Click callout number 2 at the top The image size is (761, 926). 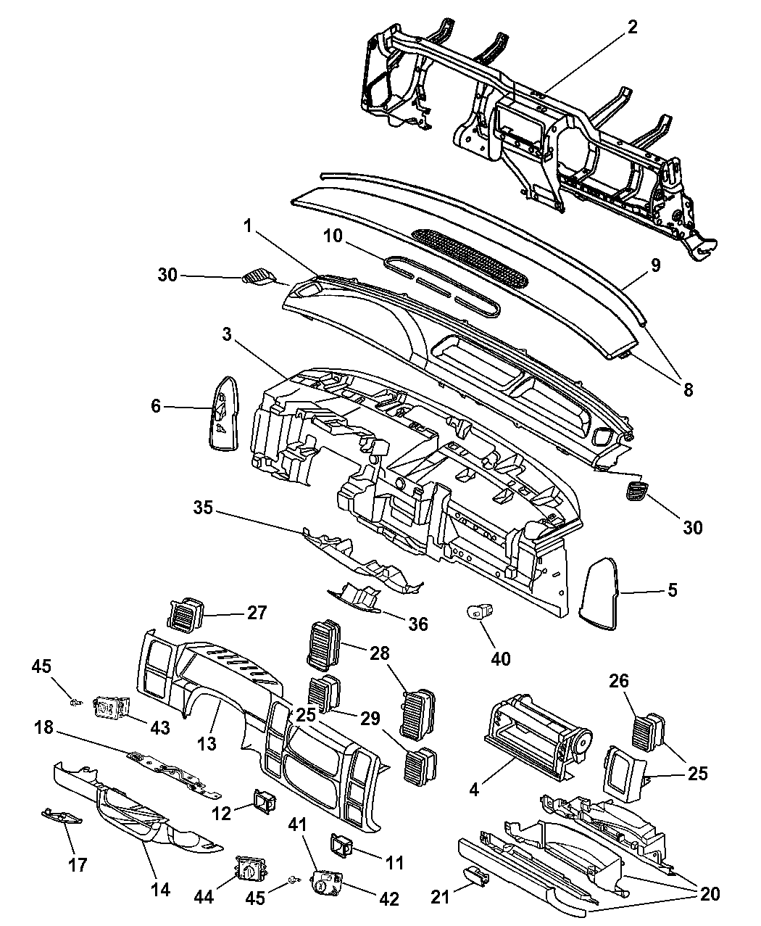tap(632, 28)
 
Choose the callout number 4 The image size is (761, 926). tap(474, 789)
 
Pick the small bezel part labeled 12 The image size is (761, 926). tap(263, 801)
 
